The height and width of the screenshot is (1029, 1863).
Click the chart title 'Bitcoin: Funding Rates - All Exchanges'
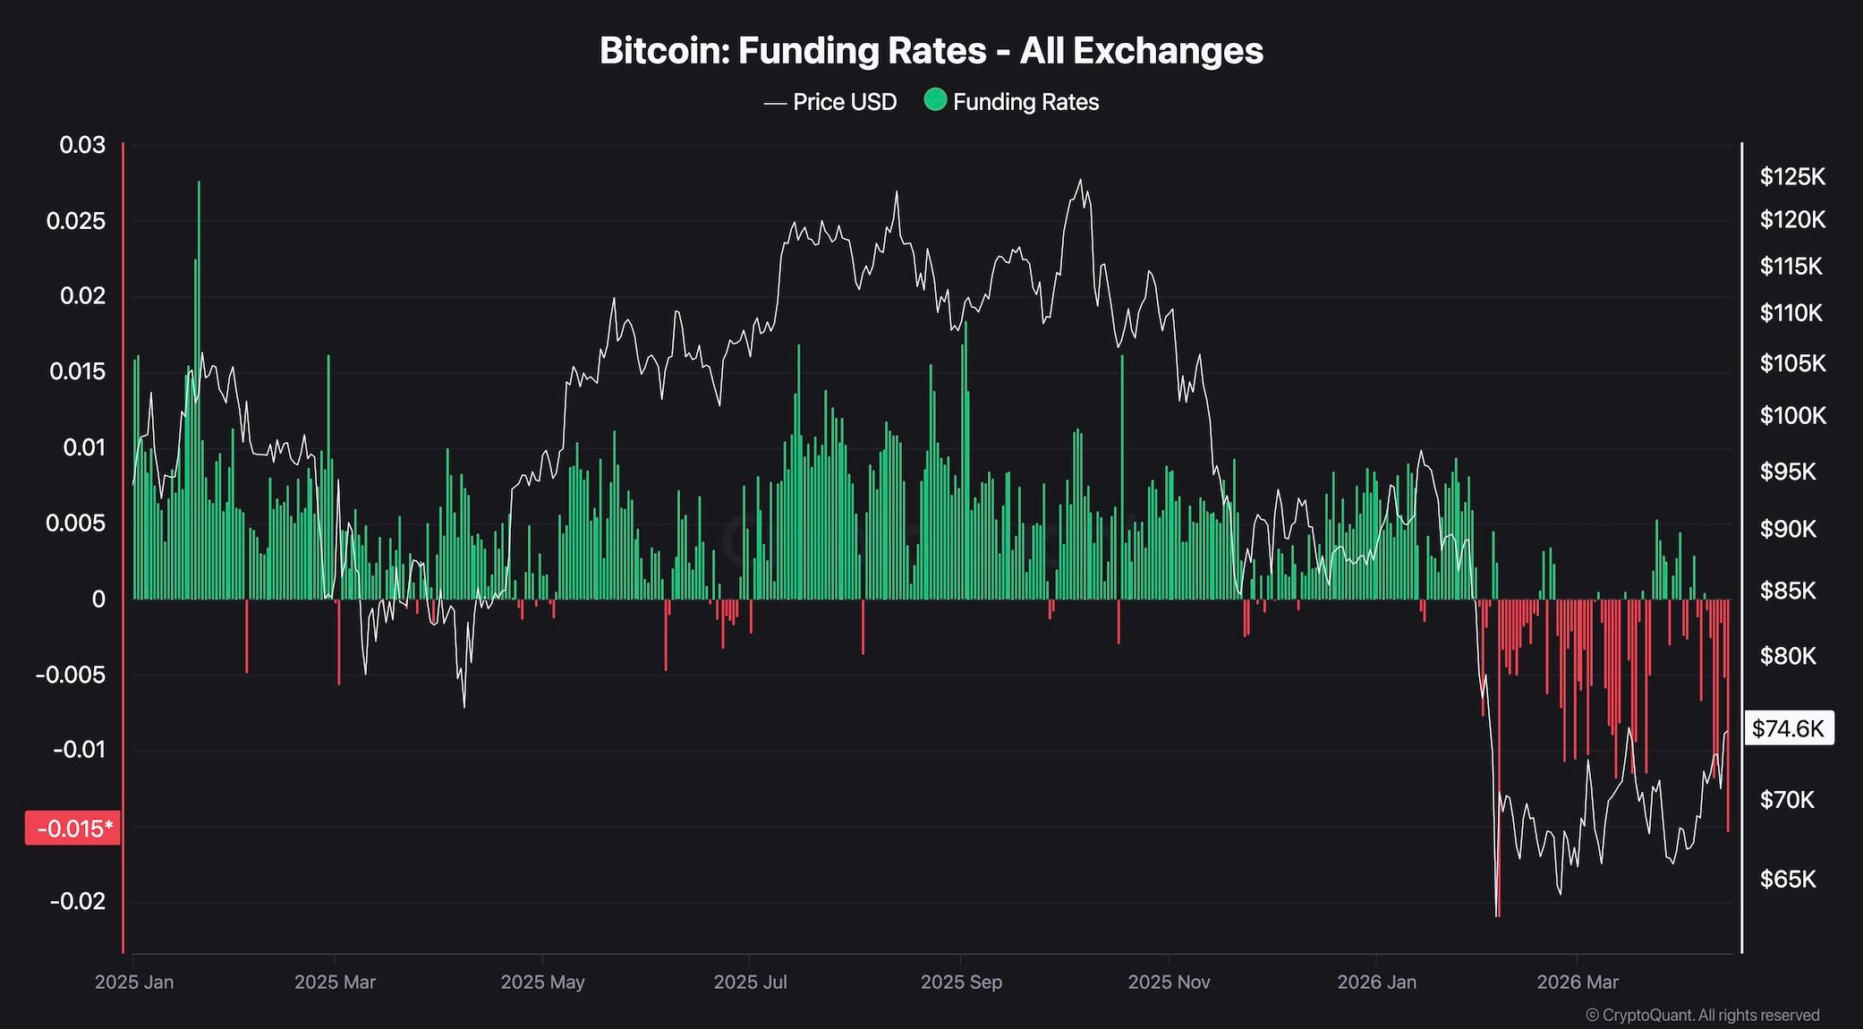(x=931, y=51)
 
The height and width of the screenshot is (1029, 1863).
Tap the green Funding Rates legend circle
(x=935, y=100)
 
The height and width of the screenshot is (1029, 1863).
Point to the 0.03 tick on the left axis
(x=82, y=145)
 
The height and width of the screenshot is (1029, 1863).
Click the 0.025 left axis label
(x=76, y=220)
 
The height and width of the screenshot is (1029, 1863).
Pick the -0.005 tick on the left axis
(x=71, y=675)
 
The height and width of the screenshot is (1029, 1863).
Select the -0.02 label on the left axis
(x=78, y=901)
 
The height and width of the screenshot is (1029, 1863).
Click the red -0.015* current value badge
(x=72, y=829)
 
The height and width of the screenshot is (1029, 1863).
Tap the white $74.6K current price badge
(x=1788, y=728)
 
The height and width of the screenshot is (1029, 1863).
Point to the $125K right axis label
(x=1792, y=177)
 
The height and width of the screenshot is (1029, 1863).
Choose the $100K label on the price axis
(x=1792, y=415)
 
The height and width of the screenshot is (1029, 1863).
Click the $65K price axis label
(x=1788, y=879)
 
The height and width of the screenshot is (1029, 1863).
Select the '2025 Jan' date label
(x=134, y=982)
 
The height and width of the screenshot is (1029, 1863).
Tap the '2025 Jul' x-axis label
(x=750, y=982)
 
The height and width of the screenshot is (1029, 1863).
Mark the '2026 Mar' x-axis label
(x=1578, y=982)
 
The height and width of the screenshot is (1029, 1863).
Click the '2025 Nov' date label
(x=1169, y=982)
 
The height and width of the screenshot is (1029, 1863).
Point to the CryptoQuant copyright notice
(x=1702, y=1016)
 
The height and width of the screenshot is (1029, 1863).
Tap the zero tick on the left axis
(x=98, y=600)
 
